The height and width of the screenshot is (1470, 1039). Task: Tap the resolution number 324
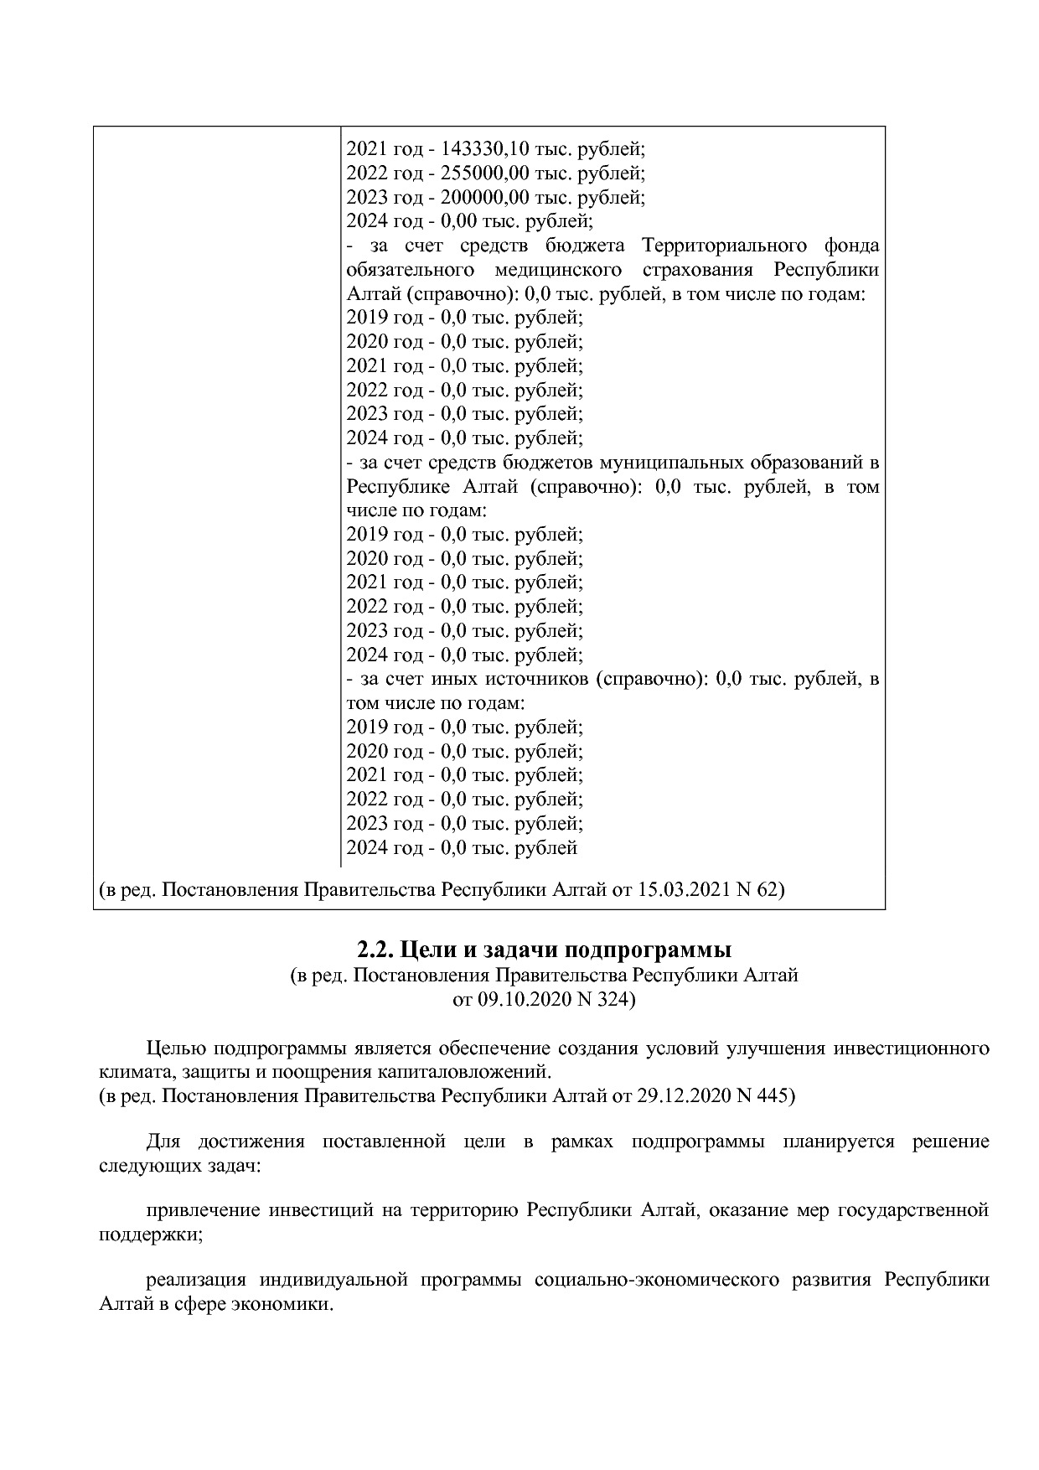pyautogui.click(x=613, y=1000)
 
